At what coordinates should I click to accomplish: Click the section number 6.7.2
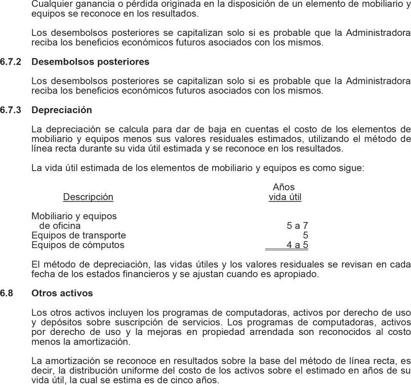[11, 62]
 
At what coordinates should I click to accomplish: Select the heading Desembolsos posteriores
[90, 62]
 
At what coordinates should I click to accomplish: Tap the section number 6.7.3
[11, 110]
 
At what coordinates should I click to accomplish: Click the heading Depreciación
[62, 110]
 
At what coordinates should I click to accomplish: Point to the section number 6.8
[7, 293]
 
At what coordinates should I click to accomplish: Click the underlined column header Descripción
[88, 197]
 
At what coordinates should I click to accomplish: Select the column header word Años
[283, 187]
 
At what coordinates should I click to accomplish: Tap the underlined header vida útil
[285, 197]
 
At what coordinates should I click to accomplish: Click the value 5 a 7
[297, 226]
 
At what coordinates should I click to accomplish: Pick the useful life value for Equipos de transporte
[306, 235]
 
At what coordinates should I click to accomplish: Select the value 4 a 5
[297, 245]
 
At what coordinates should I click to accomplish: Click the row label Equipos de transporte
[78, 235]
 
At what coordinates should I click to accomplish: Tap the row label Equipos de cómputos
[77, 245]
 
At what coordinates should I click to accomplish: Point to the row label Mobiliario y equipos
[74, 216]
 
